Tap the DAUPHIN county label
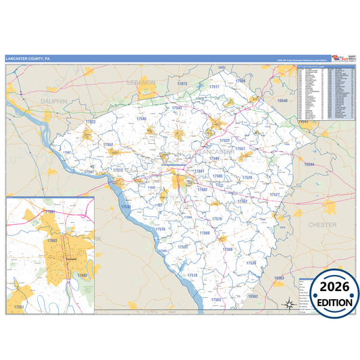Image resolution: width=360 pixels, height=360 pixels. pos(55,101)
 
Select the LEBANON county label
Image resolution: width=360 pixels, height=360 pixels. pos(141,82)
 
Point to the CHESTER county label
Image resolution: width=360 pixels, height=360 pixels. pos(322,224)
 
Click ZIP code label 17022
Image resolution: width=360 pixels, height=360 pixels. pos(90,122)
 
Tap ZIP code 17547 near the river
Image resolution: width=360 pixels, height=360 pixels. pos(88,172)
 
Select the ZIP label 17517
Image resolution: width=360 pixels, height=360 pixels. pos(214,88)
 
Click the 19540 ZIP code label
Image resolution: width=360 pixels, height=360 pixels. pos(282,101)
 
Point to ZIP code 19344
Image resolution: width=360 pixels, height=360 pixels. pos(309,165)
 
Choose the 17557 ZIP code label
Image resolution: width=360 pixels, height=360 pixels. pos(240,149)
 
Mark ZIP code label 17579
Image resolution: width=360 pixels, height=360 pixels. pos(217,220)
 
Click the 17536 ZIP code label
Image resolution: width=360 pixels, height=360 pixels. pos(251,263)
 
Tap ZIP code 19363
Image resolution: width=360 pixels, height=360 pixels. pos(280,278)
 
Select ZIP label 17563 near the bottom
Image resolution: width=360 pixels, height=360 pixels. pos(216,299)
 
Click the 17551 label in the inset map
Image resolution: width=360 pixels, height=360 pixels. pos(20,308)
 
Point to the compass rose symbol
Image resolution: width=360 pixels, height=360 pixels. pos(289,303)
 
